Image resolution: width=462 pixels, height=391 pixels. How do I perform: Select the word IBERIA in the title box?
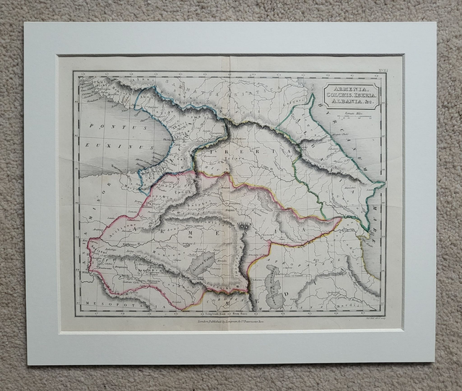[x=364, y=95]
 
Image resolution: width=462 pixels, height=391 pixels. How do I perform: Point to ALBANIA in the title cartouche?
[x=346, y=102]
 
